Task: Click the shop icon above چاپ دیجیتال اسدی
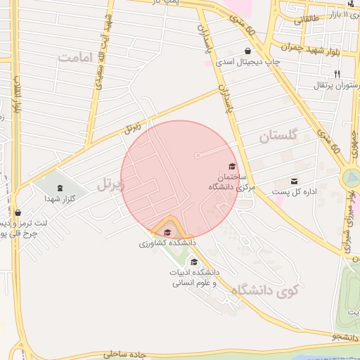click(x=247, y=51)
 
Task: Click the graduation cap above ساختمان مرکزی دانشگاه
click(x=231, y=167)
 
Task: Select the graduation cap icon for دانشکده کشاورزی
click(x=167, y=233)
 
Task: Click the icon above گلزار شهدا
click(x=59, y=188)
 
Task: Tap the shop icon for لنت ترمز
click(x=18, y=212)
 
